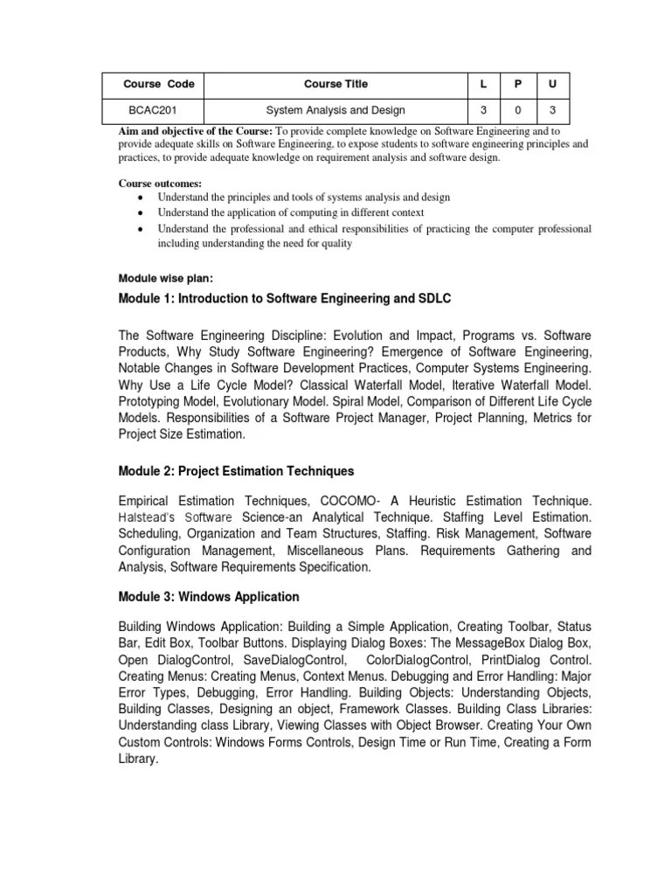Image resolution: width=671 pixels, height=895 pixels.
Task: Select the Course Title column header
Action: pos(335,84)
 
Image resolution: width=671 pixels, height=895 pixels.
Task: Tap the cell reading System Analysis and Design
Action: pos(335,110)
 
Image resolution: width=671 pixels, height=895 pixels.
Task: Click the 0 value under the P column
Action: pos(517,110)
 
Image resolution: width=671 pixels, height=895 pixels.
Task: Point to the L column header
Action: pos(481,84)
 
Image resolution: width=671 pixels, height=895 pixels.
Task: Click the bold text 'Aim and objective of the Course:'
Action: pos(196,130)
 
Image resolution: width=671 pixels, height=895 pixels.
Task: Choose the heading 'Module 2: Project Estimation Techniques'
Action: pos(236,471)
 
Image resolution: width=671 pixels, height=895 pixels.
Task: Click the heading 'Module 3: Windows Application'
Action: pos(208,597)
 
